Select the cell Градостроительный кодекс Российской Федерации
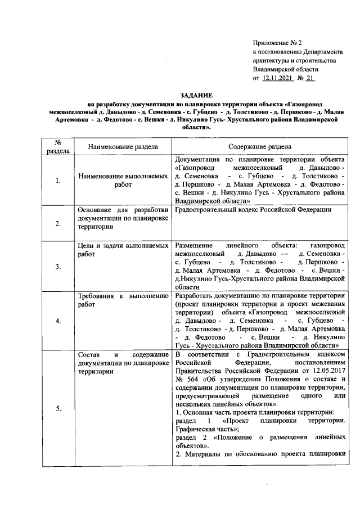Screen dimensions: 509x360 pyautogui.click(x=253, y=210)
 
